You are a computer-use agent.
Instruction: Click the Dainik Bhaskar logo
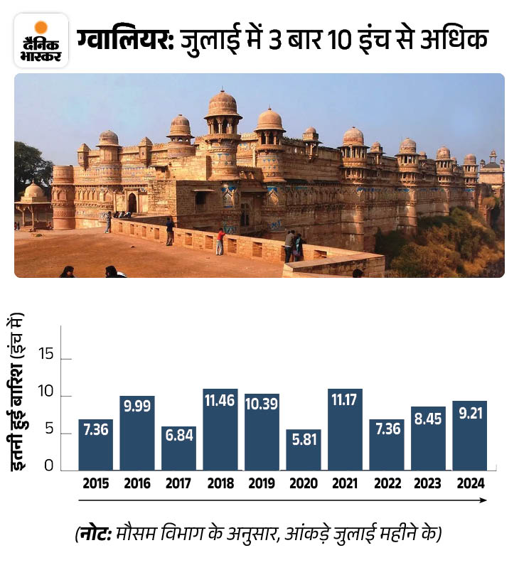41,41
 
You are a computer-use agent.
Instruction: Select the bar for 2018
220,429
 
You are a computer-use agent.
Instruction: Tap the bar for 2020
303,449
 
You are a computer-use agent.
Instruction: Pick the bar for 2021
345,430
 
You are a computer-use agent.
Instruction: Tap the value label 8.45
428,419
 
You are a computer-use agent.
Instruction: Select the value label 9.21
469,414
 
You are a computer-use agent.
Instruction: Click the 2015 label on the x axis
95,485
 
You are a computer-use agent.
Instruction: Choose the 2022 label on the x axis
386,485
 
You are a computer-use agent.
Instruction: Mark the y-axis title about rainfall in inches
22,393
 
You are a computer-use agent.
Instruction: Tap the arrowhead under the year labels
483,500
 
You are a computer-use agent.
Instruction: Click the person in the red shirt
220,240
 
